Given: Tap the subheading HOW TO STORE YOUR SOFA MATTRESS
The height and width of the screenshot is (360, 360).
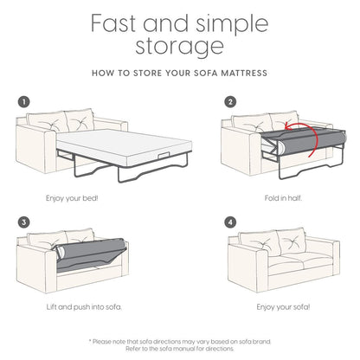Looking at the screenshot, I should (179, 74).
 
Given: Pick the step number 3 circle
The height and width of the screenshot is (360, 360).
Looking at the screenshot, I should (24, 222).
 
